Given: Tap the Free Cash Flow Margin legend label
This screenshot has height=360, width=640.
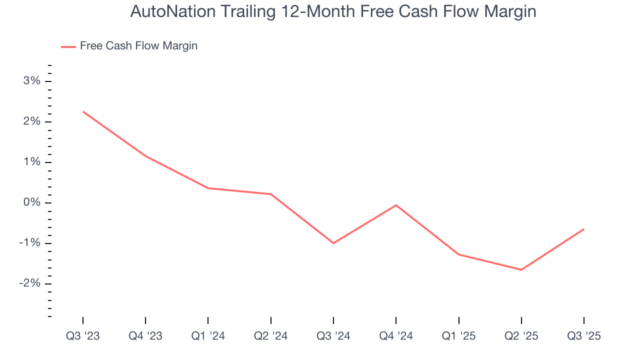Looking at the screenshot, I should click(138, 46).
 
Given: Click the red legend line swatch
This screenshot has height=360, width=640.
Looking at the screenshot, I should click(68, 46).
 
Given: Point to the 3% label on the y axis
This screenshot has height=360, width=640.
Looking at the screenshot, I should click(31, 81).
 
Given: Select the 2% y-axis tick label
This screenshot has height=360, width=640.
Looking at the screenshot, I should click(31, 122).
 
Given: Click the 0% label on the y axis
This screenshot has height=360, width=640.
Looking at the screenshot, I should click(31, 203).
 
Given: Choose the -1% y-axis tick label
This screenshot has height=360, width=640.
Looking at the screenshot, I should click(29, 243).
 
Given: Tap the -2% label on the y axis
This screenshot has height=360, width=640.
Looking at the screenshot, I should click(29, 284).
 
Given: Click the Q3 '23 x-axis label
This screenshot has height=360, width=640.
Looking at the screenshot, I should click(83, 336).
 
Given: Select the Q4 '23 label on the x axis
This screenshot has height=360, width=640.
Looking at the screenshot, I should click(145, 336).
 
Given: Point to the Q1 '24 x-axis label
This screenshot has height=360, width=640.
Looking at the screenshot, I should click(208, 336).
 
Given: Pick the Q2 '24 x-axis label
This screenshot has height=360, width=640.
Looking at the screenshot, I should click(270, 336).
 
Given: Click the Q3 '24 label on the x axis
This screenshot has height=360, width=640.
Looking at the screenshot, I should click(333, 336).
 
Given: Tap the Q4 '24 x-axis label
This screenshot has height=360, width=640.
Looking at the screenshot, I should click(396, 336).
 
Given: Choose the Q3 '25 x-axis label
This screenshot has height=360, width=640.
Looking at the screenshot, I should click(584, 336).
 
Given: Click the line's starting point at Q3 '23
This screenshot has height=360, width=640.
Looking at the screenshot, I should click(83, 111).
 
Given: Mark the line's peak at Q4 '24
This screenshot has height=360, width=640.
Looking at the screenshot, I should click(396, 205).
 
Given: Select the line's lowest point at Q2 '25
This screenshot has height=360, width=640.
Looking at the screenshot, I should click(521, 270).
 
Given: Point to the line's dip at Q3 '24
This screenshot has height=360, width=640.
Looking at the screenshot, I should click(333, 243).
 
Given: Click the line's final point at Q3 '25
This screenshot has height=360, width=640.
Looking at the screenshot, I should click(584, 229).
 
